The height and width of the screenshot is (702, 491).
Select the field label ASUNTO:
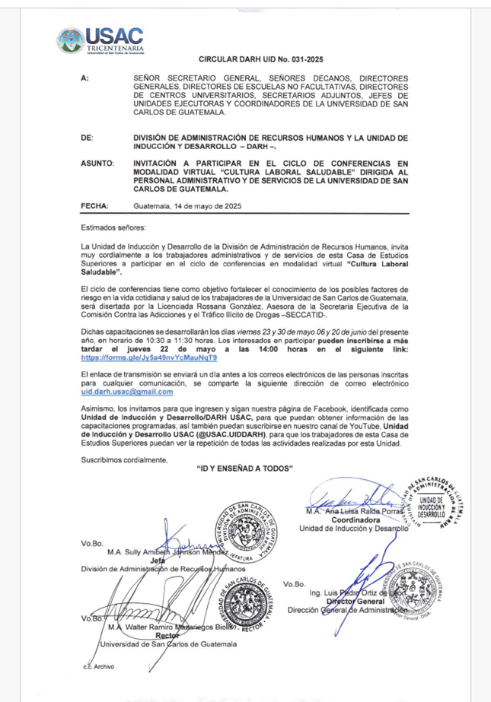(x=97, y=164)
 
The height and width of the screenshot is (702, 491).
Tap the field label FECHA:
(x=94, y=206)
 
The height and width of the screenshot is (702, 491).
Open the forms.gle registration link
(x=148, y=357)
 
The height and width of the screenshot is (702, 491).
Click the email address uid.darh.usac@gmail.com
(x=127, y=392)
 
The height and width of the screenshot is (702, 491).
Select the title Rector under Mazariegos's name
(x=166, y=636)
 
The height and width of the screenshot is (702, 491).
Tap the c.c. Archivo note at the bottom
(x=98, y=666)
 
